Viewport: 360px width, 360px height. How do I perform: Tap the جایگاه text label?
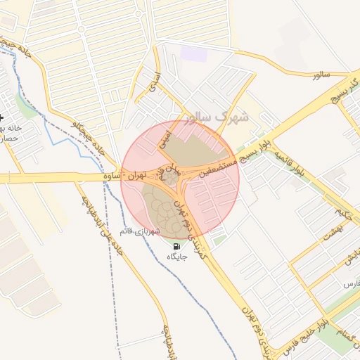point(176,258)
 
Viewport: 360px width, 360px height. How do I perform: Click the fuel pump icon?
point(176,246)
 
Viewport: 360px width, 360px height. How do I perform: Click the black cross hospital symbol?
point(2,117)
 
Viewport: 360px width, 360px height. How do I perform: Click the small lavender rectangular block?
point(189,53)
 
